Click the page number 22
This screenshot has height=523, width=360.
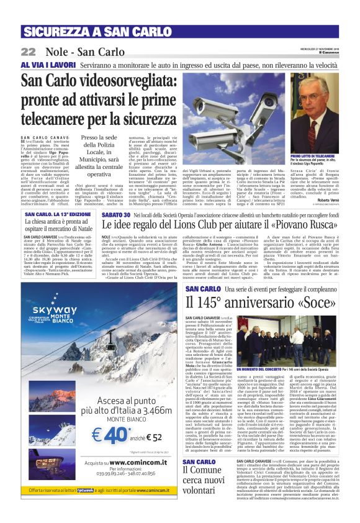[x=28, y=52]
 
